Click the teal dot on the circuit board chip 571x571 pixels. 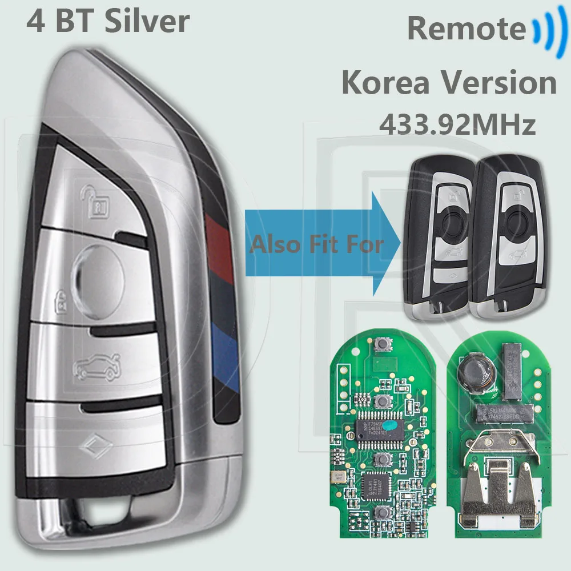point(388,425)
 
